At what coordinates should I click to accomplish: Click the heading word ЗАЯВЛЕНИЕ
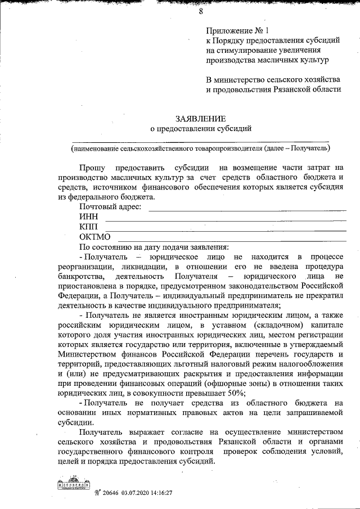pos(201,119)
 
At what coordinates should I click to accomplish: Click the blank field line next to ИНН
pos(225,219)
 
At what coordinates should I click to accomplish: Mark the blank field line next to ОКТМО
pos(231,239)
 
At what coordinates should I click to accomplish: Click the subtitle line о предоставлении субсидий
pos(201,129)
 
